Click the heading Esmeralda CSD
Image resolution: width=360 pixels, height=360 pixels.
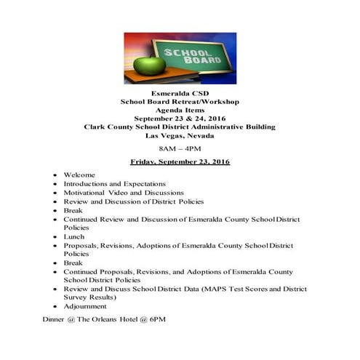180,94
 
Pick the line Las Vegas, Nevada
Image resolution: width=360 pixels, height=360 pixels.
180,135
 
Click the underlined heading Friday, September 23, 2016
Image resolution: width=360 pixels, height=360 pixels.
180,161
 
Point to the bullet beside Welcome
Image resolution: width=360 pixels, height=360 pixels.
55,176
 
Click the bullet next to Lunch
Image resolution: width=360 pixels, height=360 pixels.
55,237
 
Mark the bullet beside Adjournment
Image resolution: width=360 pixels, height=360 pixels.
55,307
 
